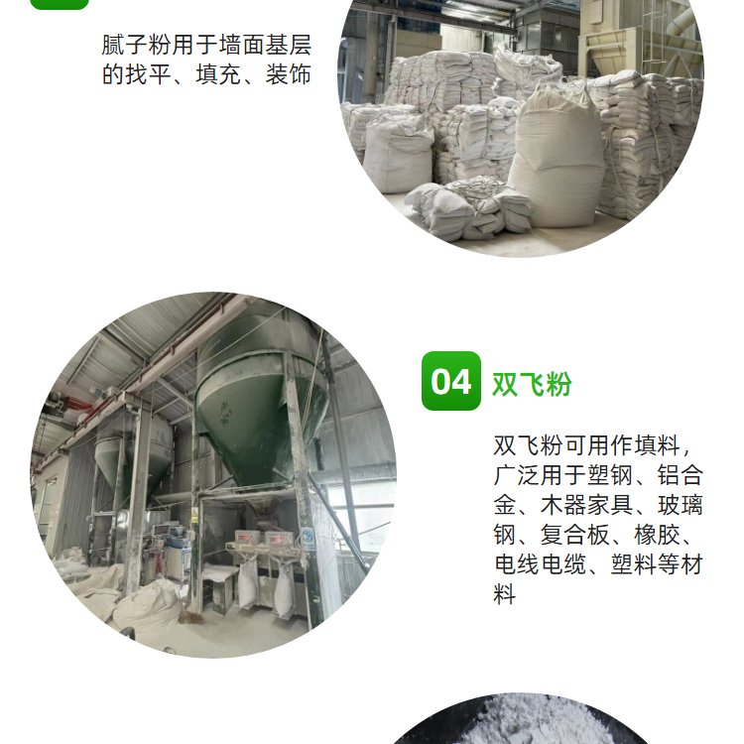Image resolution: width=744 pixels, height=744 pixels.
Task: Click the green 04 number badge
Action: pos(450,381)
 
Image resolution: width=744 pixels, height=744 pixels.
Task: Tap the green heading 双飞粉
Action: pos(532,384)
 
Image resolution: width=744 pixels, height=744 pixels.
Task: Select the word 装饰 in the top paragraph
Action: pos(288,74)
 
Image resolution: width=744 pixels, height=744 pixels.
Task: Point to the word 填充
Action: pos(218,74)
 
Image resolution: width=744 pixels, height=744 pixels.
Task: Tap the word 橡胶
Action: pos(657,535)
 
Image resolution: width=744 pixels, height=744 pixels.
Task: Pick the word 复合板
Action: pos(575,535)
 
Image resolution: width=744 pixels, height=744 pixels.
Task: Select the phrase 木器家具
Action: pos(587,505)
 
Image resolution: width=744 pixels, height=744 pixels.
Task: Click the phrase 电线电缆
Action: pos(541,564)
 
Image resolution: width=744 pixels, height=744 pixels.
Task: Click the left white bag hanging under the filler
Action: pos(247,585)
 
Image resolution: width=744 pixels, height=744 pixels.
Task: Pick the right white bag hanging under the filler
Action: pos(284,591)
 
